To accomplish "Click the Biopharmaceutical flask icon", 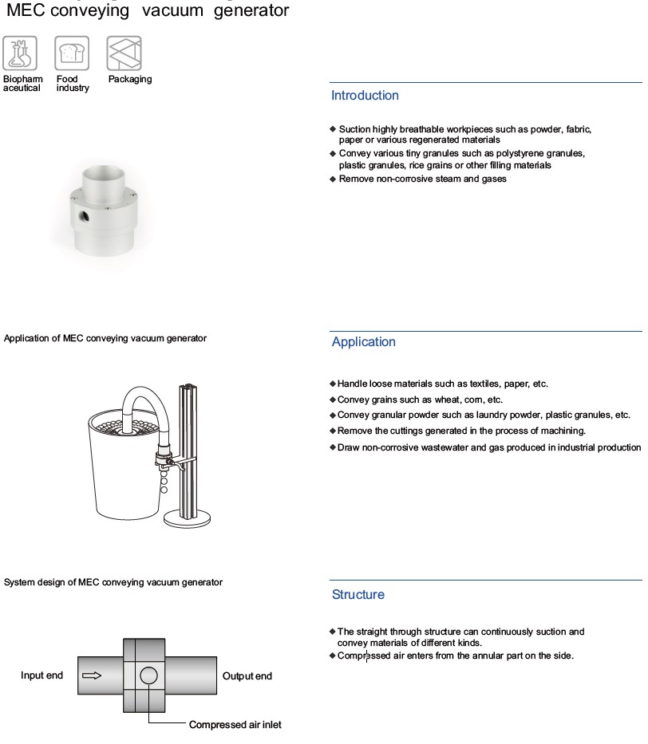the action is click(x=20, y=53).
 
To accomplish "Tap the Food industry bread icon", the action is click(x=72, y=53).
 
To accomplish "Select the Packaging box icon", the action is click(x=124, y=53).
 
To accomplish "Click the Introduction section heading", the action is click(x=365, y=96).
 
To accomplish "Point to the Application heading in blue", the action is click(x=364, y=341).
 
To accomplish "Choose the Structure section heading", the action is click(x=358, y=595).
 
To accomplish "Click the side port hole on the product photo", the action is click(x=84, y=217).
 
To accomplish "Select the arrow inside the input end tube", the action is click(x=92, y=675).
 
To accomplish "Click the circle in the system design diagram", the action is click(x=148, y=675).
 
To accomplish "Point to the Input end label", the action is click(x=41, y=675).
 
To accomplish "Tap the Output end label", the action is click(x=247, y=675).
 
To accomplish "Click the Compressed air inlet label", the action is click(x=235, y=725).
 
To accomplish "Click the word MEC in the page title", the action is click(x=26, y=10).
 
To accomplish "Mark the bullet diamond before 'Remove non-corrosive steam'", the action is click(x=333, y=179).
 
